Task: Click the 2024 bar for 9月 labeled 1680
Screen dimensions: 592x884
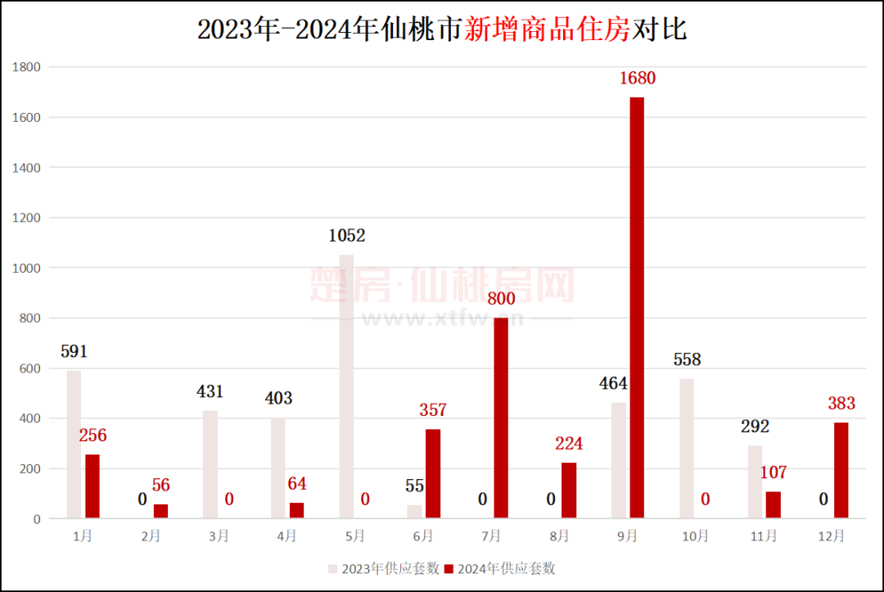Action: tap(637, 307)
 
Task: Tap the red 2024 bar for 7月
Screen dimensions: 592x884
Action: tap(501, 418)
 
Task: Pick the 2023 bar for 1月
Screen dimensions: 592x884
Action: tap(74, 444)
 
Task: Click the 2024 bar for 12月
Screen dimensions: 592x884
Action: tap(841, 470)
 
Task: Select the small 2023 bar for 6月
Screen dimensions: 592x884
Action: tap(415, 512)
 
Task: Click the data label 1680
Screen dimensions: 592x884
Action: tap(637, 79)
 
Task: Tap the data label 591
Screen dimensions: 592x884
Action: tap(74, 352)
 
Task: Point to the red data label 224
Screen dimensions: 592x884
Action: tap(569, 444)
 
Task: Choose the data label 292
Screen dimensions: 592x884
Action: tap(755, 427)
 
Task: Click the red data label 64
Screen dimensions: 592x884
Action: tap(297, 484)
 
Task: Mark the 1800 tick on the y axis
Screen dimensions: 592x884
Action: tap(27, 67)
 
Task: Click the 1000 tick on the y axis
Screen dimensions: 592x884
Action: tap(27, 268)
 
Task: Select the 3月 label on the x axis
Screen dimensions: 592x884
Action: tap(219, 536)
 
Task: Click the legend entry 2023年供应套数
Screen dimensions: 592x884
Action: tap(384, 568)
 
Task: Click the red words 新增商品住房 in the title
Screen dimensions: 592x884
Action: tap(548, 30)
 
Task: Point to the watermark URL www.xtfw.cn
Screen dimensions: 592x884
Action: tap(442, 318)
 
